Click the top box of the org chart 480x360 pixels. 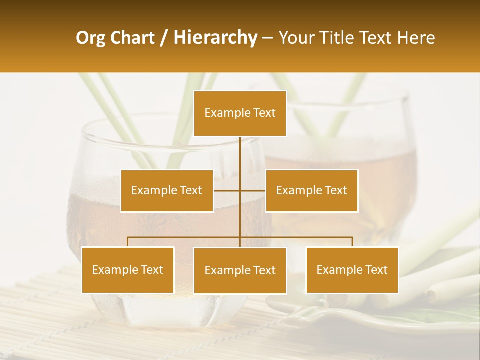pyautogui.click(x=240, y=113)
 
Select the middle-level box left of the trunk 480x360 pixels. pyautogui.click(x=167, y=190)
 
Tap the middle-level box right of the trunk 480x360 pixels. pyautogui.click(x=311, y=190)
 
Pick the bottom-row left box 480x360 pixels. pyautogui.click(x=128, y=270)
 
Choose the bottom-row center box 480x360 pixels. pyautogui.click(x=240, y=270)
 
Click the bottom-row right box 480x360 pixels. pyautogui.click(x=352, y=270)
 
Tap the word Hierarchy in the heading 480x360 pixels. pyautogui.click(x=215, y=38)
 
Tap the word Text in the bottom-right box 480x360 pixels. pyautogui.click(x=376, y=270)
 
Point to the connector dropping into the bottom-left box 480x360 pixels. pyautogui.click(x=128, y=242)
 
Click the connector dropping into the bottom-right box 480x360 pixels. pyautogui.click(x=352, y=242)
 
